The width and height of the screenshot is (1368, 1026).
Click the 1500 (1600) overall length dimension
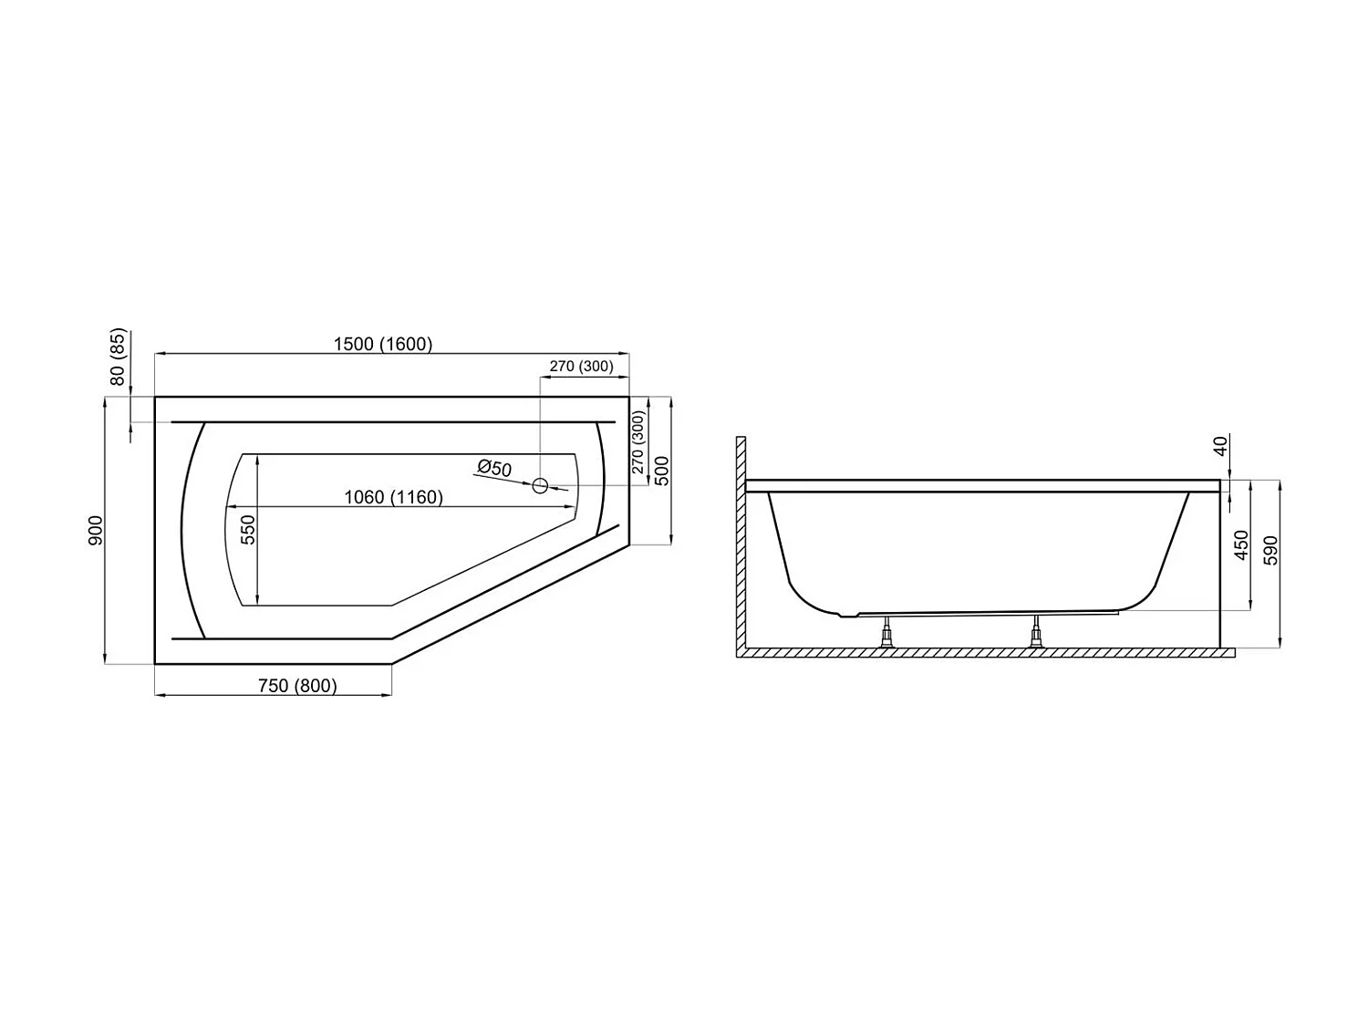coord(383,344)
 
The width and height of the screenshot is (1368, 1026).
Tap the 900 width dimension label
coord(96,530)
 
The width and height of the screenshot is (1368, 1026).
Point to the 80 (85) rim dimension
coord(118,357)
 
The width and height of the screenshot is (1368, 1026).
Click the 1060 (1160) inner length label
coord(393,497)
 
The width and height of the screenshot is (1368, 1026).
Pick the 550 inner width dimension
coord(247,529)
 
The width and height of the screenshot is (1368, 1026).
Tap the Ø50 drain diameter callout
coord(494,469)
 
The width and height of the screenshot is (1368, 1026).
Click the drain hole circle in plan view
coord(540,485)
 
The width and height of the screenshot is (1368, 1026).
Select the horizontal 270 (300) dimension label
coord(581,367)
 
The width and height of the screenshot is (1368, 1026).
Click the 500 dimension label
coord(662,470)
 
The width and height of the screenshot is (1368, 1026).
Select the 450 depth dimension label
coord(1240,544)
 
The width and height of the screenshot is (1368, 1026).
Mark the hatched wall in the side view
coord(741,547)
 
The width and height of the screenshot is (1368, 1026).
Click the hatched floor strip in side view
coord(985,653)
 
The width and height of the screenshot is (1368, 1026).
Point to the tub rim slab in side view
coord(983,486)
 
